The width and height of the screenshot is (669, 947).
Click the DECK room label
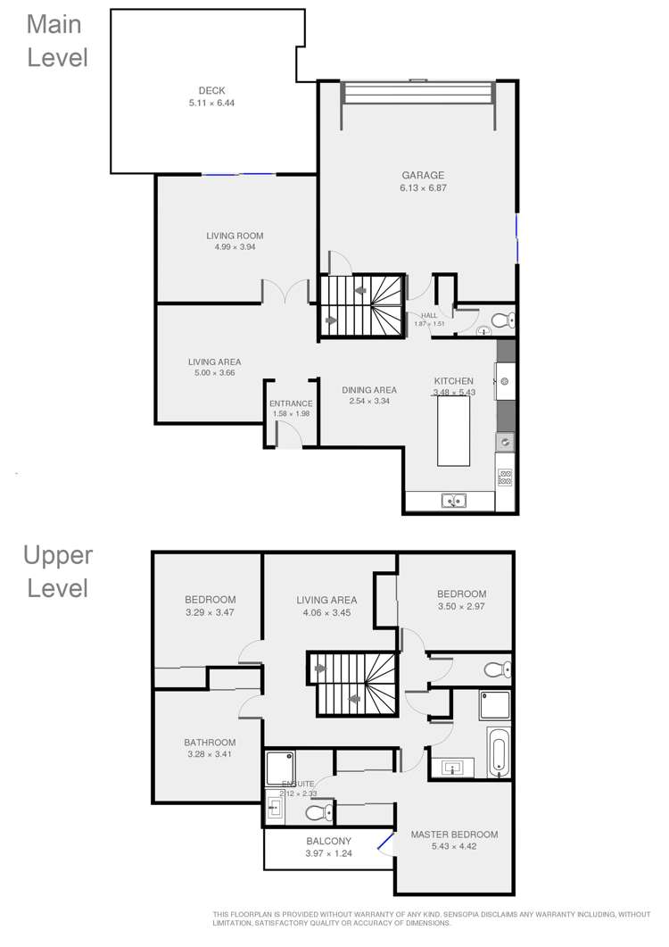(212, 90)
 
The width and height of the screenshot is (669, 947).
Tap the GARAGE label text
(422, 176)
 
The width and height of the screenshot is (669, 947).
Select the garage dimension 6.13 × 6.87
(422, 188)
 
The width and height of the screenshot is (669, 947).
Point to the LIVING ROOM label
(235, 237)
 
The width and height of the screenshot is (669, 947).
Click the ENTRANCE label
(291, 404)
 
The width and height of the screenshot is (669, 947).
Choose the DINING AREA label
(368, 390)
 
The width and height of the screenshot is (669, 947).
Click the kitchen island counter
(453, 430)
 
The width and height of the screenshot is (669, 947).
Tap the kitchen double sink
(453, 501)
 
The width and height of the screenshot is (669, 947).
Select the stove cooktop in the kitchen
(505, 478)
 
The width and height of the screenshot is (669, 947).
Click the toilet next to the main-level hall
(500, 320)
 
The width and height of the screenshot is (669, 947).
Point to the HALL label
(429, 315)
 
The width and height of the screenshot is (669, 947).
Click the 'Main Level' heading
(57, 41)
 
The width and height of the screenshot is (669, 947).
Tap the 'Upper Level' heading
(57, 572)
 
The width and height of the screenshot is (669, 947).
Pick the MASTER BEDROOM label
(454, 835)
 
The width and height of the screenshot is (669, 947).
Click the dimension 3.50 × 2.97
(461, 607)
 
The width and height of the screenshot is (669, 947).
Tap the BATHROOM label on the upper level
(210, 743)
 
